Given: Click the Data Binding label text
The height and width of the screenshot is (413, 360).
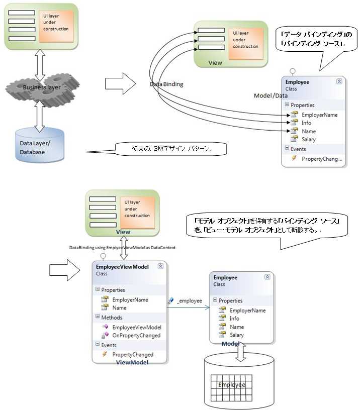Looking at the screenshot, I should click(166, 84).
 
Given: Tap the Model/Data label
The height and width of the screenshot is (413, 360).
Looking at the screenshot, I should click(271, 95).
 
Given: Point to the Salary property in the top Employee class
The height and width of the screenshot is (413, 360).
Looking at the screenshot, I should click(308, 139).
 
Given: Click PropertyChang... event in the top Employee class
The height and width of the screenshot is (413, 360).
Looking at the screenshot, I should click(321, 159).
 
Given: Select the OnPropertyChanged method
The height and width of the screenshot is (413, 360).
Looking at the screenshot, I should click(136, 335).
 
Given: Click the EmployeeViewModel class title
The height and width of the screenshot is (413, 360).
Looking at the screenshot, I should click(122, 267).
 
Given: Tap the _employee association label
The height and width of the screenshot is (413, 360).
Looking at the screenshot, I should click(189, 300).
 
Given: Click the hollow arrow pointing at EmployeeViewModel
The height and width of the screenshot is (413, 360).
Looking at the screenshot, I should click(66, 271).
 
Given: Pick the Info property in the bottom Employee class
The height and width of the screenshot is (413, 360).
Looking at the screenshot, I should click(234, 319).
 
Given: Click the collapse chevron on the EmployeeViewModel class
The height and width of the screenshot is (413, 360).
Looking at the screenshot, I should click(160, 266).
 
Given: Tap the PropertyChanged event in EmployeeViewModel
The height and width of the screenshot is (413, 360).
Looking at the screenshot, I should click(133, 354).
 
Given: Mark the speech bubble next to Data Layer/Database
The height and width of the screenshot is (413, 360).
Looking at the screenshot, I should click(169, 149).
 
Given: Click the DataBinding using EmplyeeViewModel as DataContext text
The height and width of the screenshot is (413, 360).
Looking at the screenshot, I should click(122, 248).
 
